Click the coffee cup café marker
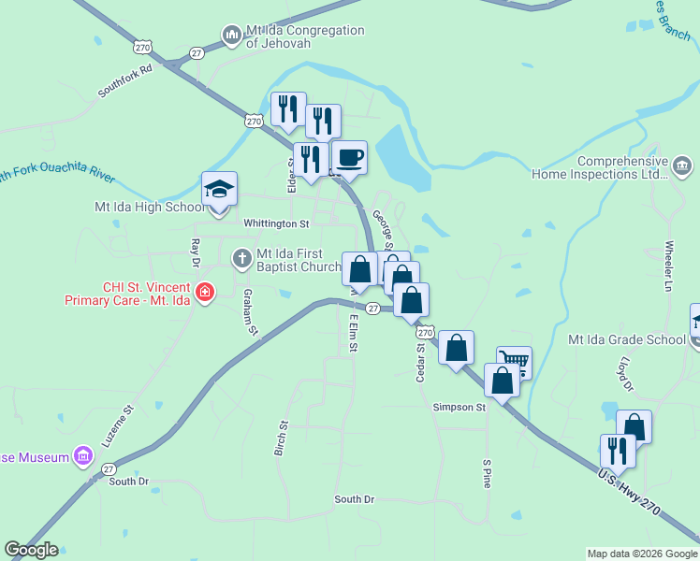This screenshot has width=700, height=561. coord(349,158)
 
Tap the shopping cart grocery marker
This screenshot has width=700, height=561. coord(514,362)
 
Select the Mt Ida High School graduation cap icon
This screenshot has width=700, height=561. coord(219,190)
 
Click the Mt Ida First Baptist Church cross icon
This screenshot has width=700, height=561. coord(242,256)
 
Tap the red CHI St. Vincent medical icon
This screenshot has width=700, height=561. coord(205,293)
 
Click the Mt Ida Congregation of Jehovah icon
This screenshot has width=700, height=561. coord(232,36)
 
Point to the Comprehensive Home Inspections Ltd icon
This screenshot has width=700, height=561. coord(682,167)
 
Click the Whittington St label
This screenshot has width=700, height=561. coord(276,224)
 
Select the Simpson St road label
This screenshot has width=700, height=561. coord(459,408)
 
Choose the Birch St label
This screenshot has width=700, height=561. coord(281,437)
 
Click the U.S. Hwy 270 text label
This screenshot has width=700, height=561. coord(629,491)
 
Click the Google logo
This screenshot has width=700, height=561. coord(31,550)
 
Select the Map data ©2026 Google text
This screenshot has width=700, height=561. coord(641,554)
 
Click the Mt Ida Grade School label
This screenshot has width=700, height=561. coord(627,339)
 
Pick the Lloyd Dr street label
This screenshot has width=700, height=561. coord(628,373)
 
